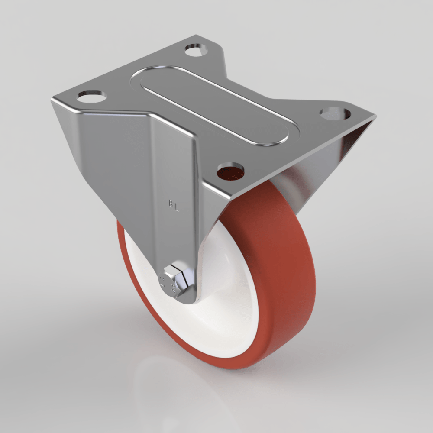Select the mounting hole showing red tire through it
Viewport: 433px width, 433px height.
(230, 171)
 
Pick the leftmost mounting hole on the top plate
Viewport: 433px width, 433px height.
(92, 95)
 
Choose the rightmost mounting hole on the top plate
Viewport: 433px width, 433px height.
(336, 114)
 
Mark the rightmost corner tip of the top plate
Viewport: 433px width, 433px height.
(375, 116)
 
